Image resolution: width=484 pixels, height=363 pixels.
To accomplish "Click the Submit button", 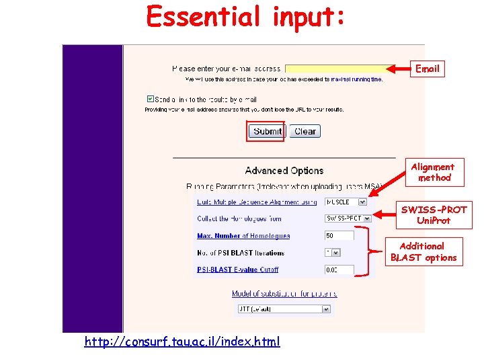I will (268, 131).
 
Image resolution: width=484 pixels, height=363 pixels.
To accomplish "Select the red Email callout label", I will (427, 69).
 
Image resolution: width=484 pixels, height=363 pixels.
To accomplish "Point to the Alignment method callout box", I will (433, 172).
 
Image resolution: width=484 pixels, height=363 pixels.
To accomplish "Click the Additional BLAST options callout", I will (424, 251).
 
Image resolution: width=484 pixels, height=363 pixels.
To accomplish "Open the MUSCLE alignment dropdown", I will (346, 202).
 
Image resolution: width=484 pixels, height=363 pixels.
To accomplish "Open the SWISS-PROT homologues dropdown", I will (348, 218).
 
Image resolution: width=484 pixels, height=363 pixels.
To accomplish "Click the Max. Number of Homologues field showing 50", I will (339, 236).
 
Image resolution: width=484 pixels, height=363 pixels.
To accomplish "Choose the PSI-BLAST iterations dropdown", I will (332, 253).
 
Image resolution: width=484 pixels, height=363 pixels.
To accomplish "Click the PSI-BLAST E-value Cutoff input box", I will (339, 270).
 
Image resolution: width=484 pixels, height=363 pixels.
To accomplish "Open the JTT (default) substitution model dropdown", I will (284, 309).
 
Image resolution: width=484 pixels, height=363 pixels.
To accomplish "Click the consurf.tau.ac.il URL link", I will (182, 341).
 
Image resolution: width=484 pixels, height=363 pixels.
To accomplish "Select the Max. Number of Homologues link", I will (243, 236).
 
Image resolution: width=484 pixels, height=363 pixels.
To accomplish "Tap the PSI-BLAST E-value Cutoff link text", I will (237, 270).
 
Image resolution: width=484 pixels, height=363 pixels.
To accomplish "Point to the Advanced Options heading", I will (284, 171).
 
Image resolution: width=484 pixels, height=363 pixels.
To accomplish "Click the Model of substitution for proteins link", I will (284, 294).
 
